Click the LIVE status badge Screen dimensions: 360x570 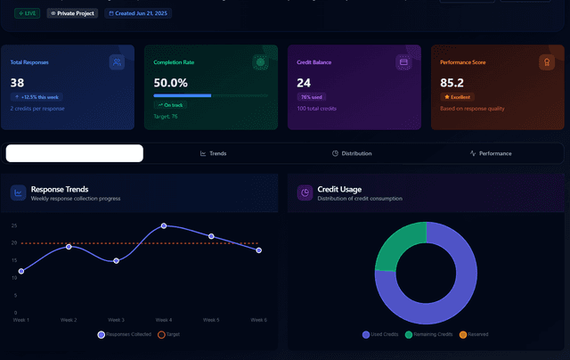click(x=27, y=13)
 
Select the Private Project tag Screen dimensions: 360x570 click(x=72, y=13)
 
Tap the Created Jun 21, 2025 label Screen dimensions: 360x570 click(x=138, y=13)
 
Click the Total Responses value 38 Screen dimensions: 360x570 click(x=17, y=83)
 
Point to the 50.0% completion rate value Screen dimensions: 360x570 click(x=170, y=83)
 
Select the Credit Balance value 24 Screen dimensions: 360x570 click(x=304, y=83)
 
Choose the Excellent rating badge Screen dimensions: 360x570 click(x=458, y=96)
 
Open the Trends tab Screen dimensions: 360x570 click(x=214, y=153)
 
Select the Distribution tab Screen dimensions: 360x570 click(x=352, y=153)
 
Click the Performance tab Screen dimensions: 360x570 click(x=491, y=153)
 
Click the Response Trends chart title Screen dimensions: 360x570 click(x=59, y=189)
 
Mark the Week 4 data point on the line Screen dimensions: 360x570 click(x=164, y=226)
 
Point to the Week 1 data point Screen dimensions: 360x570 click(x=21, y=271)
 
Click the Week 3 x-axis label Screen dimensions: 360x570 click(x=116, y=319)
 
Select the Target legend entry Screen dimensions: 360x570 click(x=167, y=334)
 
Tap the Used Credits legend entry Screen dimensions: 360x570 click(x=380, y=334)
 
